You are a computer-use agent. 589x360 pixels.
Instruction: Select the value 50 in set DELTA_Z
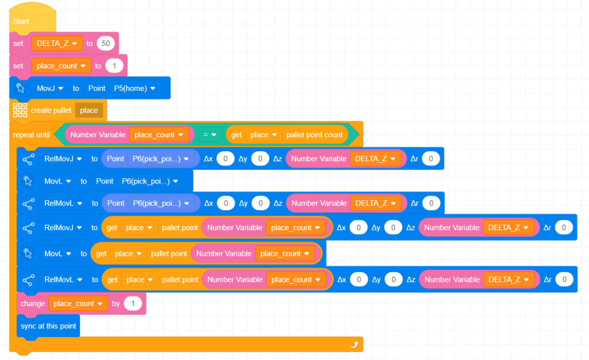coord(106,44)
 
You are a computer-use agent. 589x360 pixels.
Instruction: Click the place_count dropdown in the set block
coord(61,66)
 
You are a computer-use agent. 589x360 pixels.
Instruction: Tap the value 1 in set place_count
coord(114,66)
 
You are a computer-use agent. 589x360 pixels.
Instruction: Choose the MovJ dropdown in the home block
coord(50,88)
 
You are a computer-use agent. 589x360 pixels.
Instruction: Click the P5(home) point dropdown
coord(135,88)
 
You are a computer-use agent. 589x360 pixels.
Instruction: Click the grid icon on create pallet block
coord(20,110)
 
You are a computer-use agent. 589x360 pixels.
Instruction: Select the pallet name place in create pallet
coord(89,110)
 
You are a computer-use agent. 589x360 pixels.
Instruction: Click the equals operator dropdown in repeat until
coord(209,135)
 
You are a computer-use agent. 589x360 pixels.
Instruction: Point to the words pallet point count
coord(315,135)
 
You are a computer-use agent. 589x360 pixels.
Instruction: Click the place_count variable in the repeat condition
coord(159,135)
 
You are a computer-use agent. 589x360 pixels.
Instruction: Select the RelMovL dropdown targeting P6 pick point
coord(63,204)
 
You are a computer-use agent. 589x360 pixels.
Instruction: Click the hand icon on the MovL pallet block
coord(28,254)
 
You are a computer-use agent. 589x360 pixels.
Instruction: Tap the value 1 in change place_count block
coord(133,304)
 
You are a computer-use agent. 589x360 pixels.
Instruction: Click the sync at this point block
coord(48,326)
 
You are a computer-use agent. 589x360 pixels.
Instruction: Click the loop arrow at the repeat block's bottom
coord(354,344)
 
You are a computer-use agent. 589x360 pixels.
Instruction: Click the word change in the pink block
coord(33,304)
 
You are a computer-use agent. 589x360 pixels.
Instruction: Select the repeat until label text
coord(32,135)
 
